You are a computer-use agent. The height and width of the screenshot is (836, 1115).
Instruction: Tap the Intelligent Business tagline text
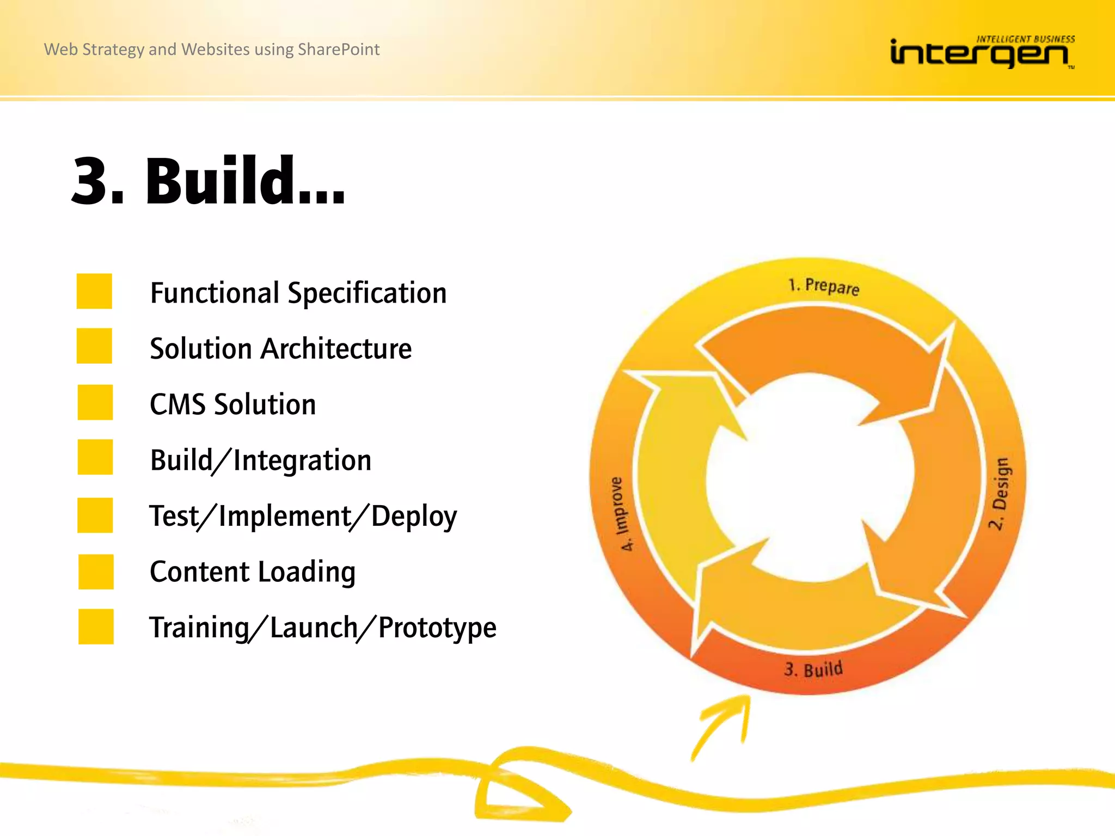coord(1025,39)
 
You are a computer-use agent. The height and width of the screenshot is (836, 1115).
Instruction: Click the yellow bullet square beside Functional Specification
coord(94,291)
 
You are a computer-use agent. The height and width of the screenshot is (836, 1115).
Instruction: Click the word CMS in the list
coord(177,404)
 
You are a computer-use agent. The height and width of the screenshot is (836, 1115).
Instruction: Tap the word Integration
coord(302,460)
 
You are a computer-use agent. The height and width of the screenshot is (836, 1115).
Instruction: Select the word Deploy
coord(414,517)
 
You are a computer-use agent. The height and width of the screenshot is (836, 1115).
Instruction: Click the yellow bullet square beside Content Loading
coord(96,571)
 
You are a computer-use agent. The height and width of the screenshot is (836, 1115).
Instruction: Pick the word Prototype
coord(437,628)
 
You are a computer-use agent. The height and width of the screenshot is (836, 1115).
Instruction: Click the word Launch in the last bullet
coord(314,628)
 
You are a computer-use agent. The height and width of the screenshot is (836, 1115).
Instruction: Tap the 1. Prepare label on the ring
coord(824,286)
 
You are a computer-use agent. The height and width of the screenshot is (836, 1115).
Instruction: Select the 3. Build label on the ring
coord(813,669)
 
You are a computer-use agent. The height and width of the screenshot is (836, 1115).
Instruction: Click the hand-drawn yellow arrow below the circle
coord(724,726)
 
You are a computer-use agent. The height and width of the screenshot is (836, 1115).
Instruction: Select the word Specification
coord(367,294)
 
